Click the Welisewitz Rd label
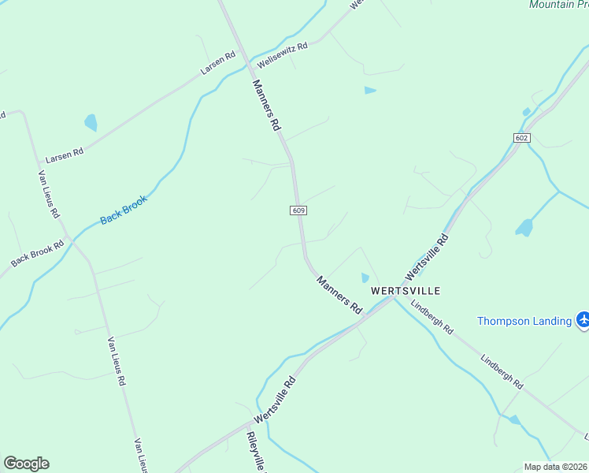pos(281,54)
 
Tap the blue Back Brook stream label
pos(124,207)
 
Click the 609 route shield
pos(298,210)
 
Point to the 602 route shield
pos(521,138)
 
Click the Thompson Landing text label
pos(524,321)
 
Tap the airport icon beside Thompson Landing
pos(583,320)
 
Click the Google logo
pos(26,464)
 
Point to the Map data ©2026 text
pos(555,467)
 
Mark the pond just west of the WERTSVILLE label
pos(365,277)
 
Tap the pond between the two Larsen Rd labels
pos(91,123)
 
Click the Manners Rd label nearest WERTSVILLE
pos(339,297)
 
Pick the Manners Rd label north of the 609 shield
pos(266,105)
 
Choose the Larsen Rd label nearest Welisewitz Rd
pos(218,64)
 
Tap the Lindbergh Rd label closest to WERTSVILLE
pos(432,318)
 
